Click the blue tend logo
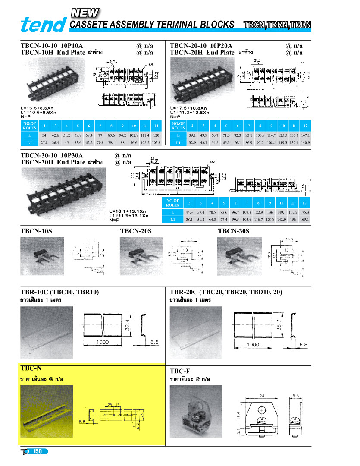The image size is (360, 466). (44, 25)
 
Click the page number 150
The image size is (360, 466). (38, 451)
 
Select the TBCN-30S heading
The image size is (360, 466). (233, 231)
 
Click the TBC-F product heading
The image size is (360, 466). (180, 371)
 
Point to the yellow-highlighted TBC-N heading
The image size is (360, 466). (31, 368)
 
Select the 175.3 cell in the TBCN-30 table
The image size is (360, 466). (305, 212)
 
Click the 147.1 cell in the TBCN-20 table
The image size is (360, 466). (305, 135)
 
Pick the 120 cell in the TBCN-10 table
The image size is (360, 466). (156, 135)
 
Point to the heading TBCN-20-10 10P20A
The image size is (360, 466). (201, 46)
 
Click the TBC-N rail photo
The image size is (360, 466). (46, 411)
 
